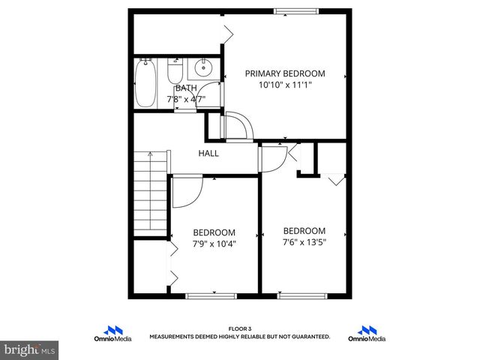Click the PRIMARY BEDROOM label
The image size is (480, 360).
pos(285,73)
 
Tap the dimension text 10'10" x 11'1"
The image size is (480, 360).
pos(285,85)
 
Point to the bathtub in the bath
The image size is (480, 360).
pos(144,84)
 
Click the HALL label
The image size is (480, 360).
pos(208,153)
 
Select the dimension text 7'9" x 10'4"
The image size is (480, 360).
pos(214,244)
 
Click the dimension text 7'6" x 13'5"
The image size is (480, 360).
pos(304,241)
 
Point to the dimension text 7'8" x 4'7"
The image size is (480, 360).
pos(186,98)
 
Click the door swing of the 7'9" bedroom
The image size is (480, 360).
pos(185,192)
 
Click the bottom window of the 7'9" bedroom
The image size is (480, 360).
pos(214,295)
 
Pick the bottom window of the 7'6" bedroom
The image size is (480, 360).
pos(304,295)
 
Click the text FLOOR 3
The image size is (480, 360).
pos(240,328)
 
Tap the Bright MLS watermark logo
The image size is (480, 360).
pos(30,349)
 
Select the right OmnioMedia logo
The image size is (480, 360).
pos(367,334)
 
